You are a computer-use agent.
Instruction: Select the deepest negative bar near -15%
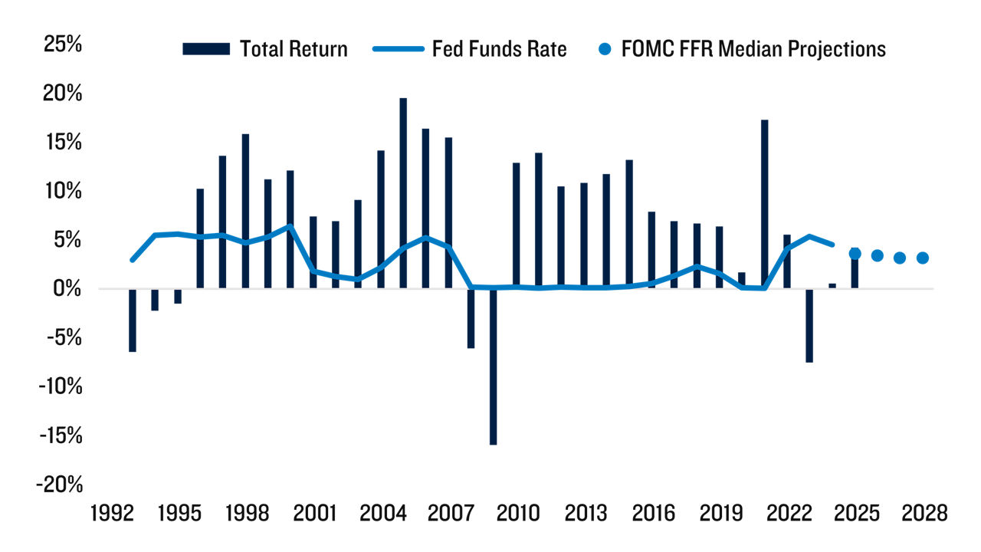click(493, 366)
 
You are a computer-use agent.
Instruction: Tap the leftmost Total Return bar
click(133, 320)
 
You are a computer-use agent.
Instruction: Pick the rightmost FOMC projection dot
click(922, 258)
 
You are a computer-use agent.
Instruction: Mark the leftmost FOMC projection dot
click(855, 254)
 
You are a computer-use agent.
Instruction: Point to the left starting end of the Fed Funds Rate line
click(133, 260)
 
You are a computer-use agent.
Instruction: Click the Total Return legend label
click(294, 49)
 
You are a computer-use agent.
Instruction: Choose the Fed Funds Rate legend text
click(500, 49)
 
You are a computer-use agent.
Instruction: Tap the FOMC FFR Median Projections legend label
click(754, 49)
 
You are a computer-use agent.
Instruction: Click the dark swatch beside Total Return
click(205, 49)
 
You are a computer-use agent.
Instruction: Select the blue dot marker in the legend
click(605, 49)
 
